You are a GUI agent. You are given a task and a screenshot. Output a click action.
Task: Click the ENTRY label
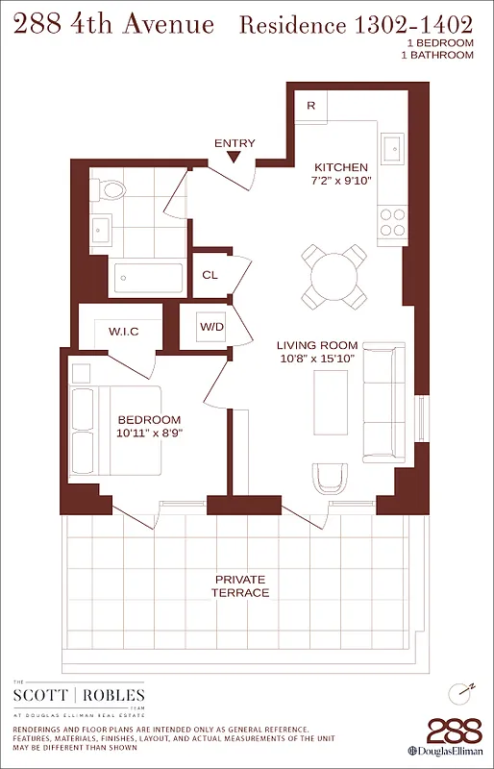tap(235, 143)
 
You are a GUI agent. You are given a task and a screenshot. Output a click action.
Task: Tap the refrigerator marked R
tap(309, 105)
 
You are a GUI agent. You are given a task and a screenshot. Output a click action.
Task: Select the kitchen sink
tap(393, 147)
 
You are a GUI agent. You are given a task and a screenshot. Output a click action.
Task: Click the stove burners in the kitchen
tap(392, 222)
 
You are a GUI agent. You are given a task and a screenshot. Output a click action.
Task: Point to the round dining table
tap(333, 276)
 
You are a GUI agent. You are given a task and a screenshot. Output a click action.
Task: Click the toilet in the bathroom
tap(112, 188)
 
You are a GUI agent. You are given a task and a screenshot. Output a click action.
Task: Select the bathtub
tap(148, 278)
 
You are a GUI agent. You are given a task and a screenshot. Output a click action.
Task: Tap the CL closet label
tap(210, 275)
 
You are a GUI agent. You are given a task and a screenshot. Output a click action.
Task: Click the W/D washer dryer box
tap(211, 327)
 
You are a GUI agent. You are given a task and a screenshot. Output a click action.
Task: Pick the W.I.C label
tap(123, 332)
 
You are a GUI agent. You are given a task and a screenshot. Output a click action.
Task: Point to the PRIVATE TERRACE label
tap(240, 585)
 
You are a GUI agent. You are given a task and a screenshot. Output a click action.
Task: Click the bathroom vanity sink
tap(102, 229)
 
